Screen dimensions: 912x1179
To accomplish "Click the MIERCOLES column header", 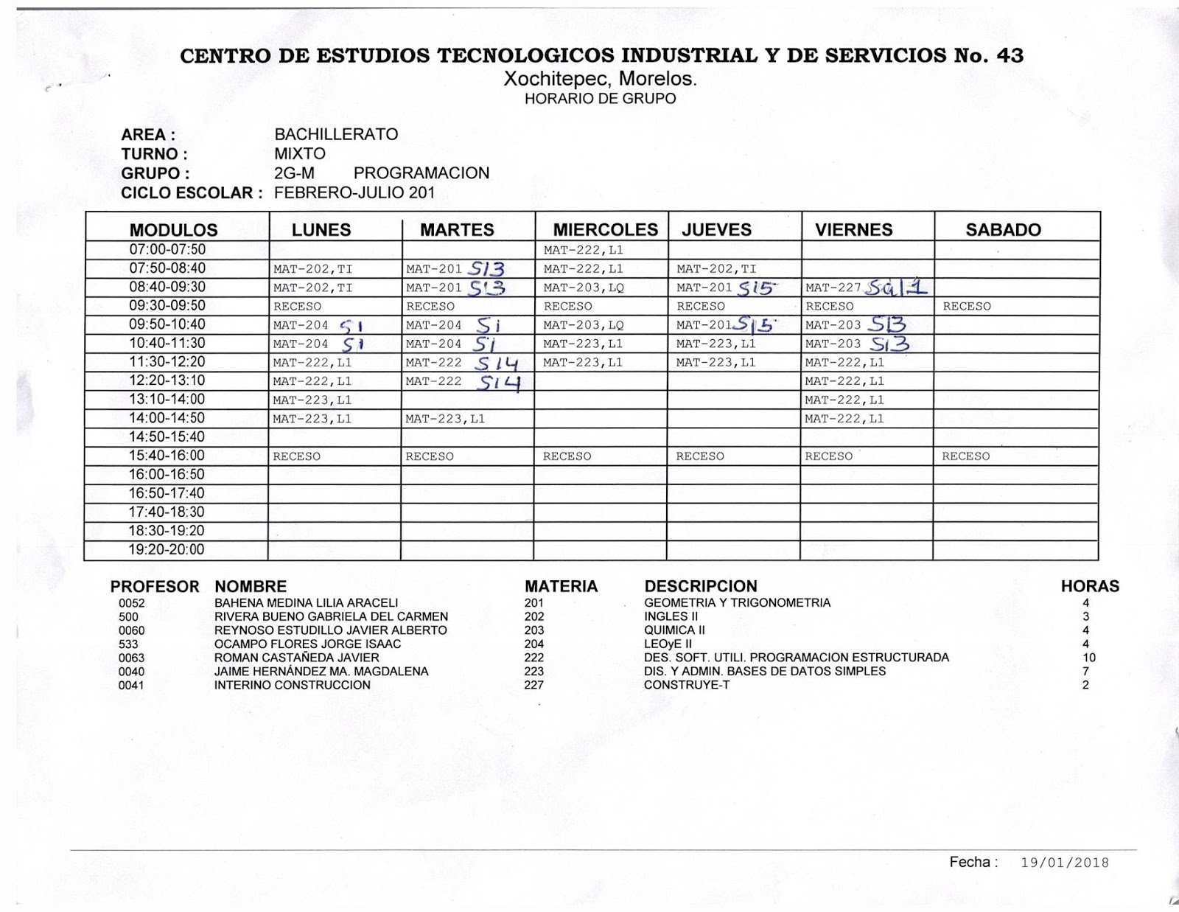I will coord(605,229).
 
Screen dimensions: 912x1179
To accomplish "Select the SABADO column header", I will coord(1003,229).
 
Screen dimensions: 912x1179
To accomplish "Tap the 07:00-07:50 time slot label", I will coord(167,249).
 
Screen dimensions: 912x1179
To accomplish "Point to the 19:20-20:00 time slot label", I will coord(167,549).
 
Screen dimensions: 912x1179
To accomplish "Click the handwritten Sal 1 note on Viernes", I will coord(895,286).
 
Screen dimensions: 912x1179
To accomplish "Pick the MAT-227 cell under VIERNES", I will coord(833,288).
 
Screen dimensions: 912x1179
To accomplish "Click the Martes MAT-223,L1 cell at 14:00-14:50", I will coord(445,419).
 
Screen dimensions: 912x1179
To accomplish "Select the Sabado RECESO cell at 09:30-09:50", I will coord(967,306).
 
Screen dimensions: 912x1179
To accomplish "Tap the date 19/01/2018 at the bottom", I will coord(1065,863).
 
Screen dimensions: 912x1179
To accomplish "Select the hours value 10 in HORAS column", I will coord(1089,658).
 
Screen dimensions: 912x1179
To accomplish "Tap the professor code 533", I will coord(128,644).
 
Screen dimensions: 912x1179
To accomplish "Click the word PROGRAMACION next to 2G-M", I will coord(421,173).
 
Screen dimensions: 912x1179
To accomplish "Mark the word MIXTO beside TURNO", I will coord(299,154).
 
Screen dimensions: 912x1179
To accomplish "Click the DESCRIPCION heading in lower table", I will coord(700,586).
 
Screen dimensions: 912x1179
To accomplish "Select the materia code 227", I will coord(534,685).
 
